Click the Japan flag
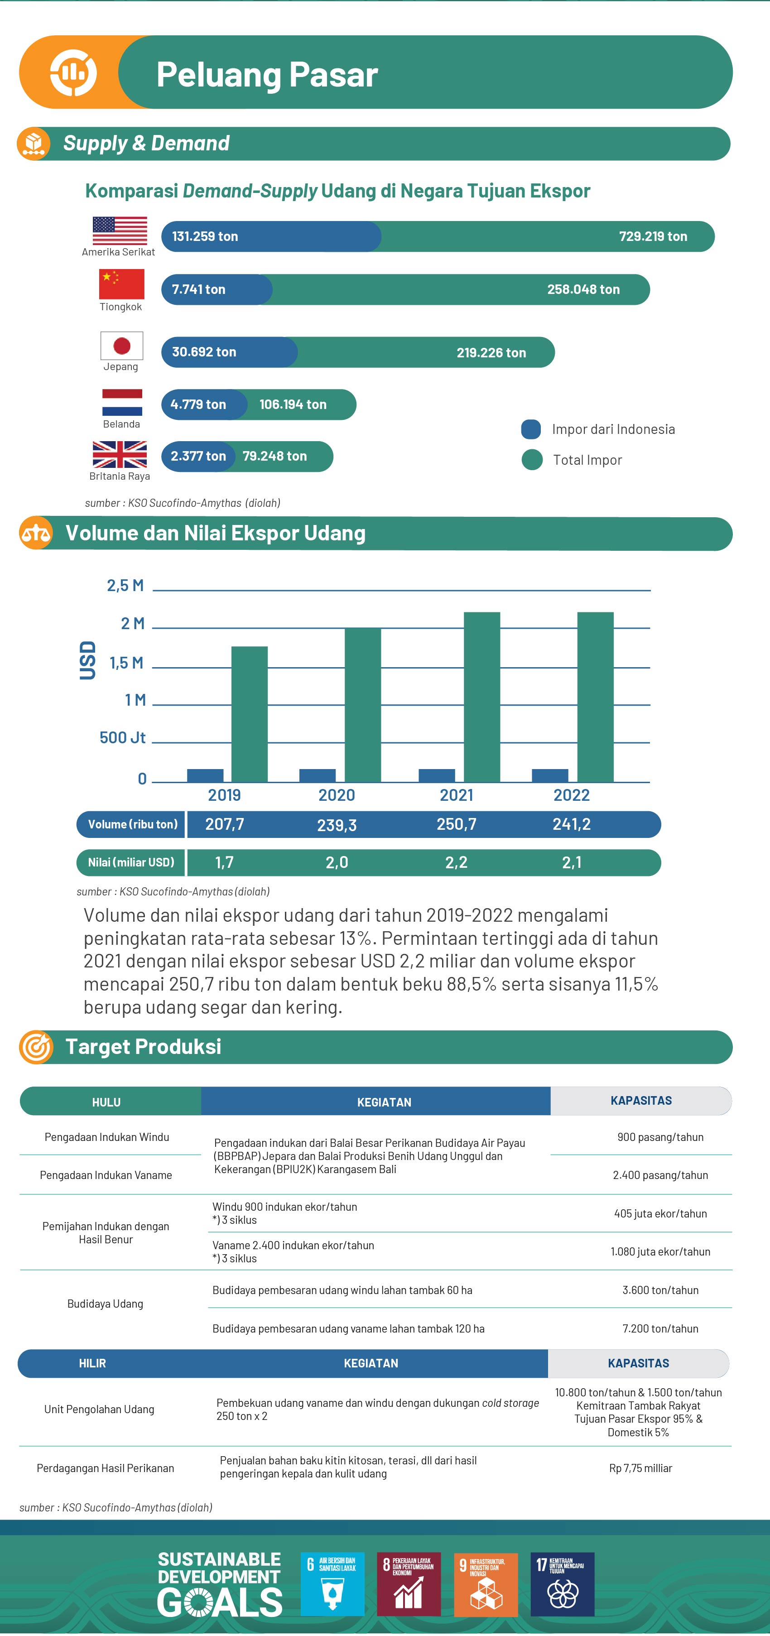121,346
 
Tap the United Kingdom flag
120,454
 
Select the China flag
121,284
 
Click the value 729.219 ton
653,236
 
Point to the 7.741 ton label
198,289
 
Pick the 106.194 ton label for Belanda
293,404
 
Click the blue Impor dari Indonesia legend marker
531,429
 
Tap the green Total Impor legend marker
532,460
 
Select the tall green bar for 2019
249,714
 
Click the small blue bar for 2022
549,775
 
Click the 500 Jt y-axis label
123,737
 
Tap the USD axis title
87,660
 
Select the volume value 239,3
337,825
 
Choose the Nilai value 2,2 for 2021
456,862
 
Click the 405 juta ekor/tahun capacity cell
660,1214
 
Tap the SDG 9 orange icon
486,1584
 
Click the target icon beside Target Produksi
36,1047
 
